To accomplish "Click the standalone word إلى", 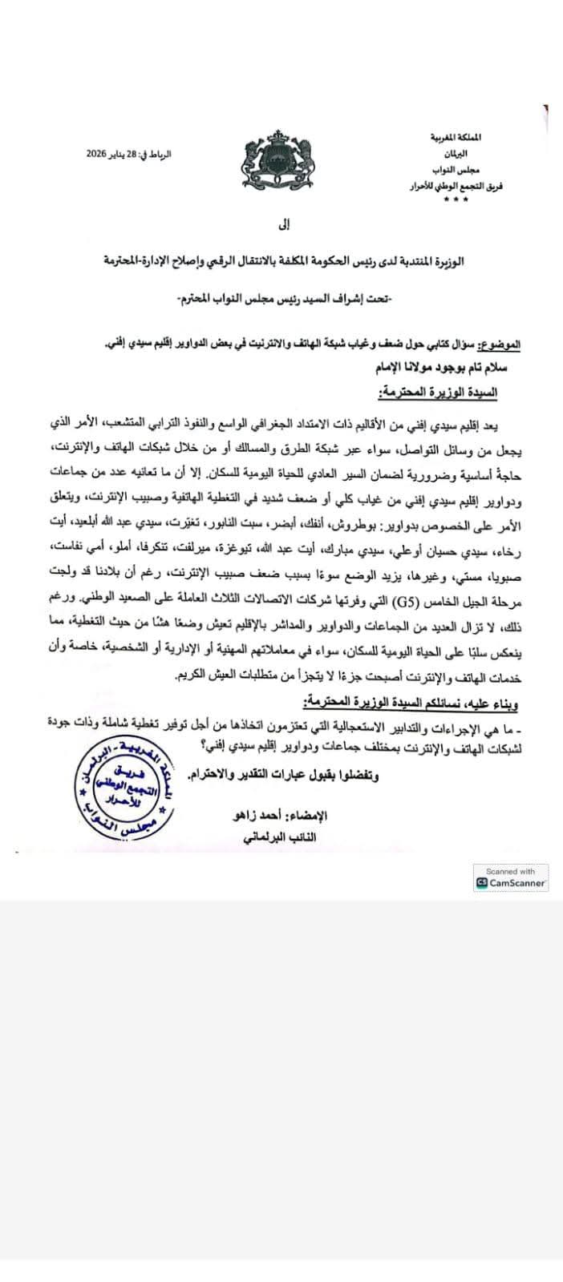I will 281,226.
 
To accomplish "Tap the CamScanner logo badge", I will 511,883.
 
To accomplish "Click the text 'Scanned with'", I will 510,871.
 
